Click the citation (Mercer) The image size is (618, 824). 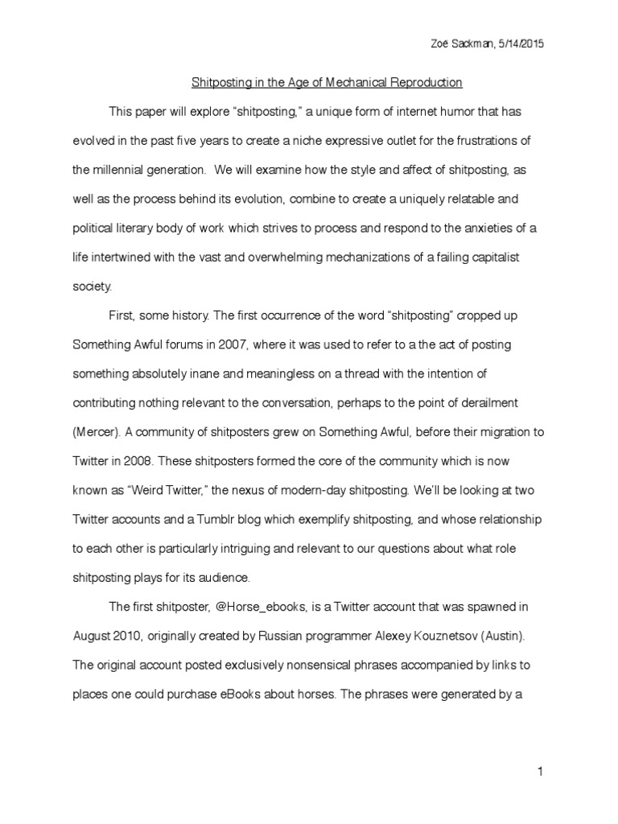[x=98, y=431]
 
